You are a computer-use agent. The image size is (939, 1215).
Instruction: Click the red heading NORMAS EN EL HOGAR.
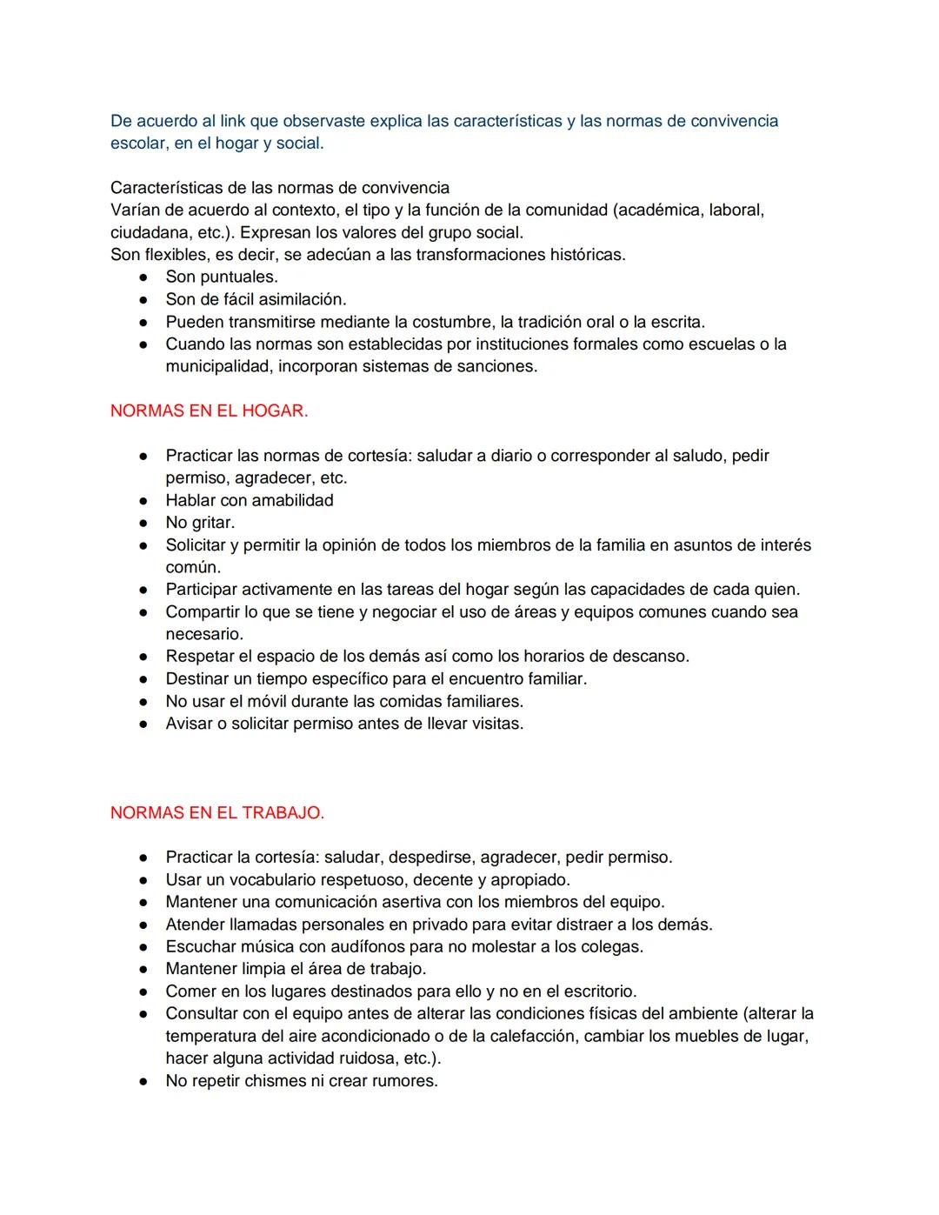tap(209, 411)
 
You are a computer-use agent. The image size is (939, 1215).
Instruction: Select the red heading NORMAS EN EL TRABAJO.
tap(216, 813)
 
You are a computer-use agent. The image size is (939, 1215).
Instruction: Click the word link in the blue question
tap(233, 121)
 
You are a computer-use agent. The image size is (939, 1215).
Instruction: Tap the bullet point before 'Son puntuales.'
tap(143, 277)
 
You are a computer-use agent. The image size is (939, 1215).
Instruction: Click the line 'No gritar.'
tap(200, 523)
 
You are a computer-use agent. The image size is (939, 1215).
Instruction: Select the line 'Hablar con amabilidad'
tap(250, 500)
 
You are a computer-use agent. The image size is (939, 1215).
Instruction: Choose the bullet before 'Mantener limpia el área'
tap(143, 969)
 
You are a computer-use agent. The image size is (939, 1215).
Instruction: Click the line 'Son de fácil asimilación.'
tap(256, 299)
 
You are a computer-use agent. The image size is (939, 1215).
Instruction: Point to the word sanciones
tap(500, 366)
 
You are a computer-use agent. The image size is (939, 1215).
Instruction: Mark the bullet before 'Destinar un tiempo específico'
tap(143, 679)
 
